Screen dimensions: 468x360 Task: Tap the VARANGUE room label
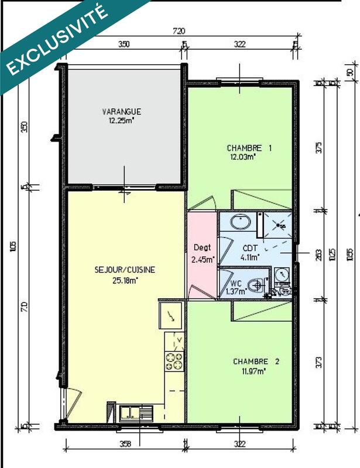pyautogui.click(x=121, y=112)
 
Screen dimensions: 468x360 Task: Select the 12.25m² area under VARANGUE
pyautogui.click(x=121, y=121)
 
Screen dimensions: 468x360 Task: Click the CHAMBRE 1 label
pyautogui.click(x=249, y=148)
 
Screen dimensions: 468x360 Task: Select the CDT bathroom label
pyautogui.click(x=251, y=247)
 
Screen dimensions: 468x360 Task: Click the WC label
pyautogui.click(x=228, y=283)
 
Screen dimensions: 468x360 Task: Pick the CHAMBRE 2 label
pyautogui.click(x=256, y=362)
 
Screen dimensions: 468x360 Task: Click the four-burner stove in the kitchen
pyautogui.click(x=174, y=361)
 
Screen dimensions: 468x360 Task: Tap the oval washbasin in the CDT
pyautogui.click(x=239, y=222)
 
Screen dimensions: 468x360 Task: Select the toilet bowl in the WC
pyautogui.click(x=255, y=285)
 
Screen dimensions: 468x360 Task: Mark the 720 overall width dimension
pyautogui.click(x=179, y=30)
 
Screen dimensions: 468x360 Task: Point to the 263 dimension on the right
pyautogui.click(x=318, y=255)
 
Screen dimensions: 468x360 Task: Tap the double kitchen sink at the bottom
pyautogui.click(x=136, y=412)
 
